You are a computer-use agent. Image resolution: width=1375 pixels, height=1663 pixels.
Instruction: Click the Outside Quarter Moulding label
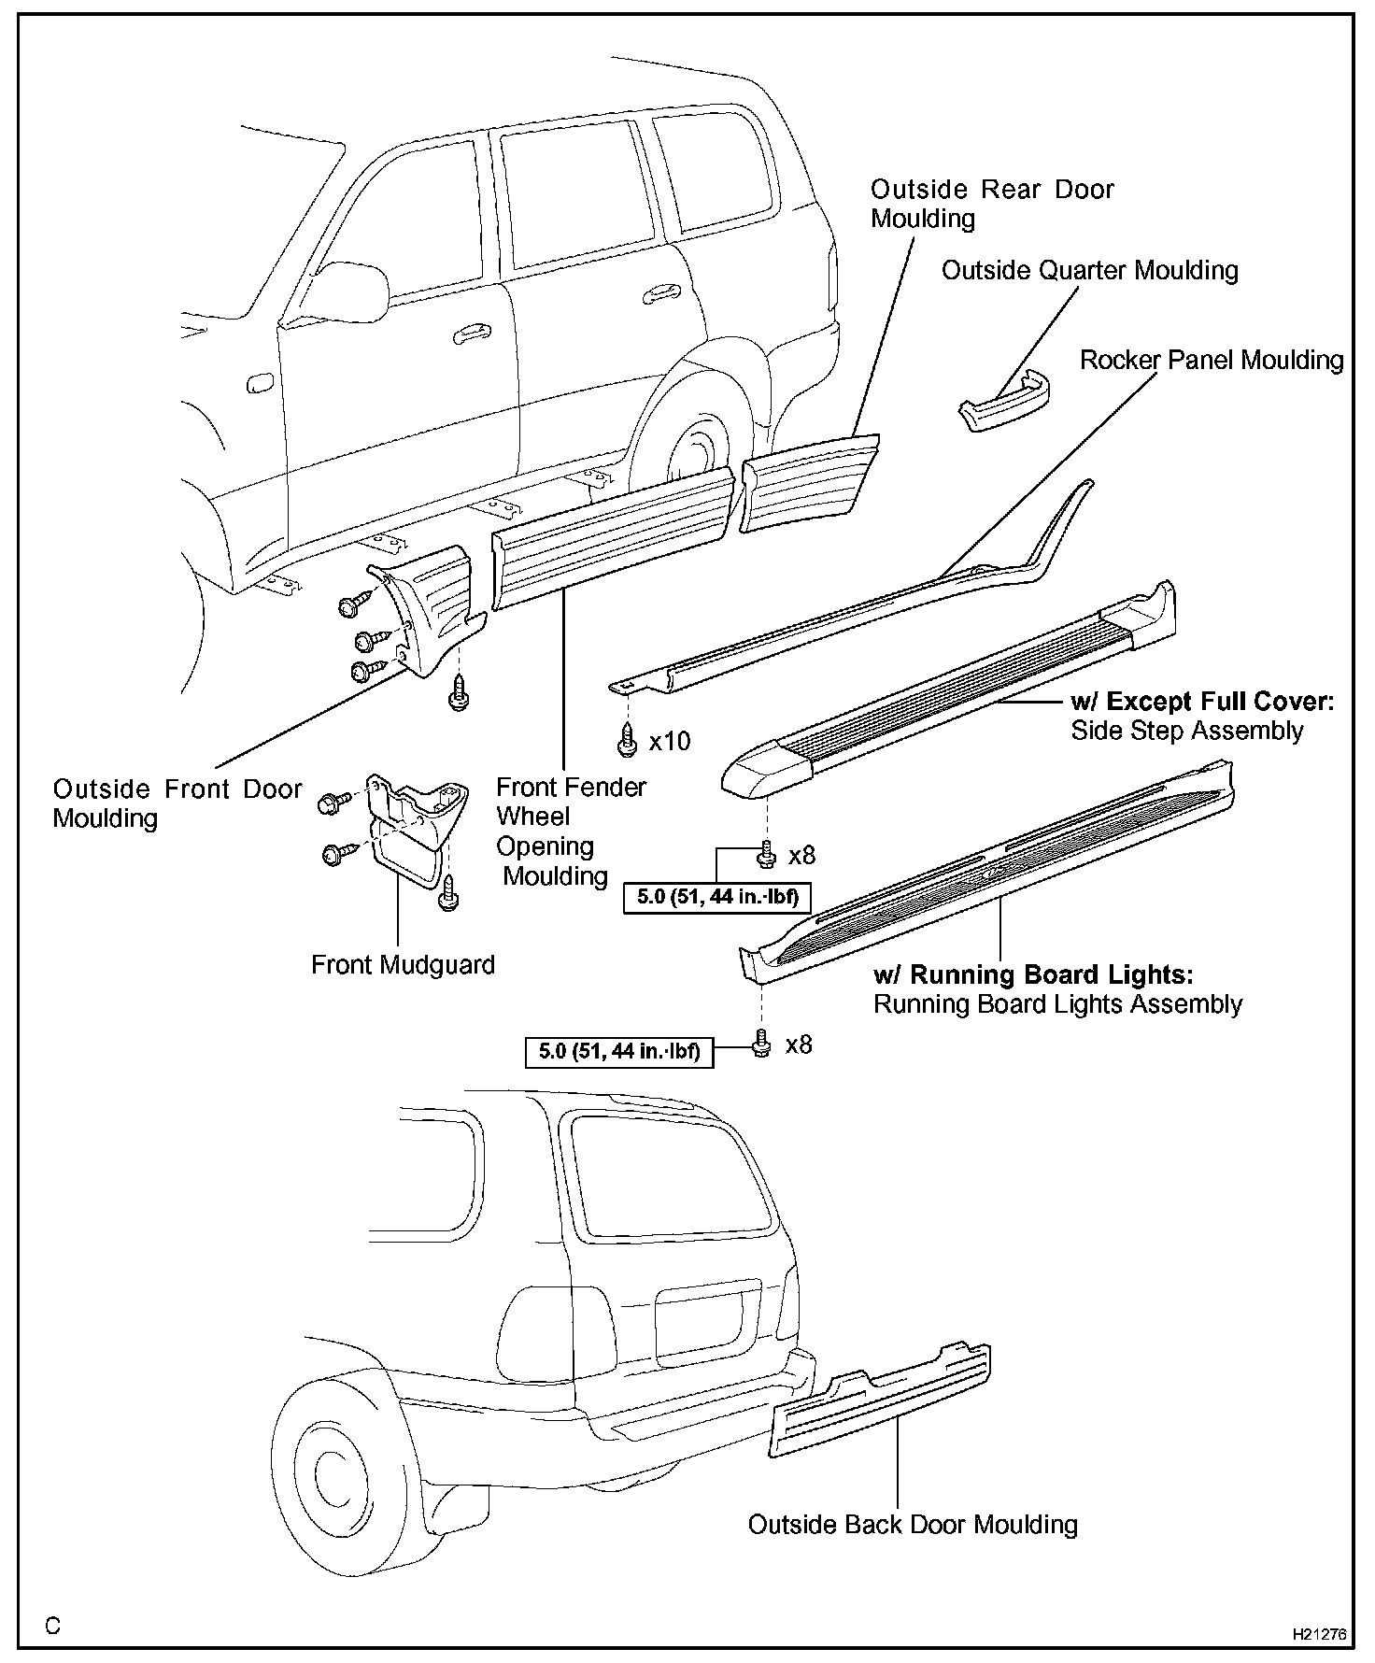1089,271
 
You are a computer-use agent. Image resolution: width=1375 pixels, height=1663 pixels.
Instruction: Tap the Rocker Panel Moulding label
1212,361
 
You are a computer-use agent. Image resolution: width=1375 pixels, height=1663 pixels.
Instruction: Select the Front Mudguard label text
403,964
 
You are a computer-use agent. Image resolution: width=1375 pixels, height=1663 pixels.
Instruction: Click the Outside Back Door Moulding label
913,1525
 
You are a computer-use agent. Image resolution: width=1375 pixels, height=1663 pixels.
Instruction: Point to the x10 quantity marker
670,742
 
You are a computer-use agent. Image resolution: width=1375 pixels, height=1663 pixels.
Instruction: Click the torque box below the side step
717,897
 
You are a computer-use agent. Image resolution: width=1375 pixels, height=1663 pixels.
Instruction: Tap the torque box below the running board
619,1051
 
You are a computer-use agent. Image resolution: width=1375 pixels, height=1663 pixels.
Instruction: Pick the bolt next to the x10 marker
628,741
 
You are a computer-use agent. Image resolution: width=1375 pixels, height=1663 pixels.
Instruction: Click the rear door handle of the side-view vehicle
662,293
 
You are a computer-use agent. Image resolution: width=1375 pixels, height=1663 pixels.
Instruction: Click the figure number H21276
1319,1635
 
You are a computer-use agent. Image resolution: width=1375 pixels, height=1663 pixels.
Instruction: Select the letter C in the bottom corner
52,1627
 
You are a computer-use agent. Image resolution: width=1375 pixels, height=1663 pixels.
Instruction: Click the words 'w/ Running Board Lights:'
1032,974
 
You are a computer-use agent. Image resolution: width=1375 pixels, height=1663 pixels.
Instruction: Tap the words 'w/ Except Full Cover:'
1202,702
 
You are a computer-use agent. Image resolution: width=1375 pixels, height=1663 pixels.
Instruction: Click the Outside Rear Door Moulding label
991,203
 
